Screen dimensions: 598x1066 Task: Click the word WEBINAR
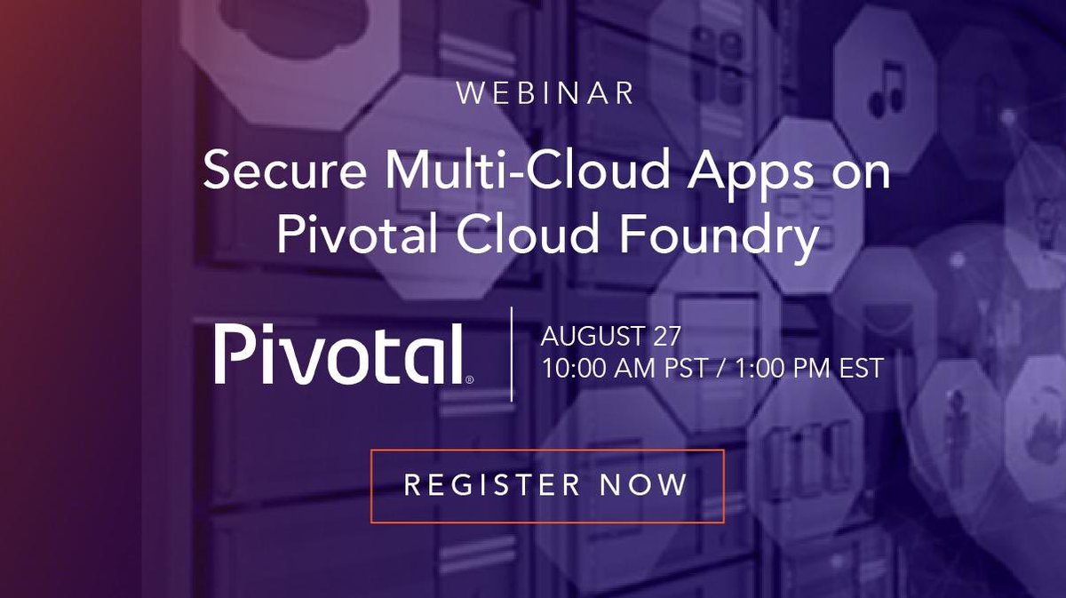pos(545,93)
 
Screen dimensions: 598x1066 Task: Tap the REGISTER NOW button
pos(546,485)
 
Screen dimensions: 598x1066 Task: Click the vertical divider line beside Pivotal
pos(513,354)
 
